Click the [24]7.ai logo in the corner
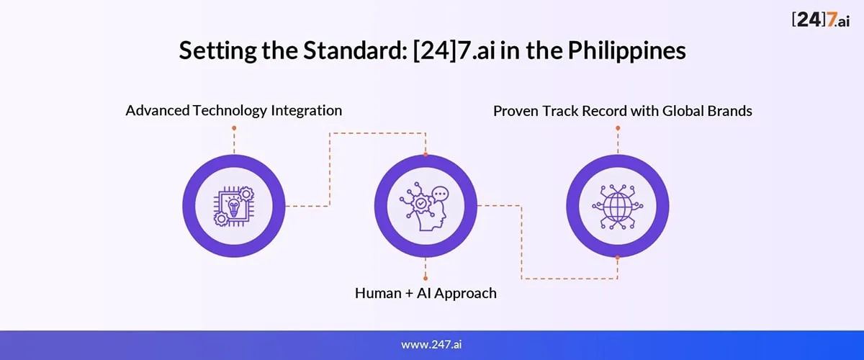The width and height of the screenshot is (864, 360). pos(820,19)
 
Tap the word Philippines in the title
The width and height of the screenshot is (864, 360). pos(627,51)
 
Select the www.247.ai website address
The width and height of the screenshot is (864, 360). pos(431,344)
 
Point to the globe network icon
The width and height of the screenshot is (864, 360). pos(618,207)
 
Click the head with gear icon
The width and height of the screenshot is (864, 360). pos(424,207)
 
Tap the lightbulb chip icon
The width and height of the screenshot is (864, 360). pos(234,207)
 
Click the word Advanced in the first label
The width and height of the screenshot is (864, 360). pos(158,111)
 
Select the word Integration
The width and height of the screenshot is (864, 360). pos(306,111)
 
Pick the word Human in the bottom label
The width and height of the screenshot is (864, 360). pos(378,293)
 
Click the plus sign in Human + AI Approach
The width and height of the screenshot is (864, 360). pos(409,294)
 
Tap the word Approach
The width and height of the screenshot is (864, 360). pos(467,294)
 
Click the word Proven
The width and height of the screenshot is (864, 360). pos(516,111)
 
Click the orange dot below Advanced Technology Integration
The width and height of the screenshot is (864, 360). pos(234,128)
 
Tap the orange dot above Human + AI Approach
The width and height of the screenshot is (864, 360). pos(426,278)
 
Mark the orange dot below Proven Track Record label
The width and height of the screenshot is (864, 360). pos(618,127)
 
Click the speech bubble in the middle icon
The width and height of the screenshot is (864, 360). pos(440,194)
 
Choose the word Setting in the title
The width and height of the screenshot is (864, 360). pos(217,51)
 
